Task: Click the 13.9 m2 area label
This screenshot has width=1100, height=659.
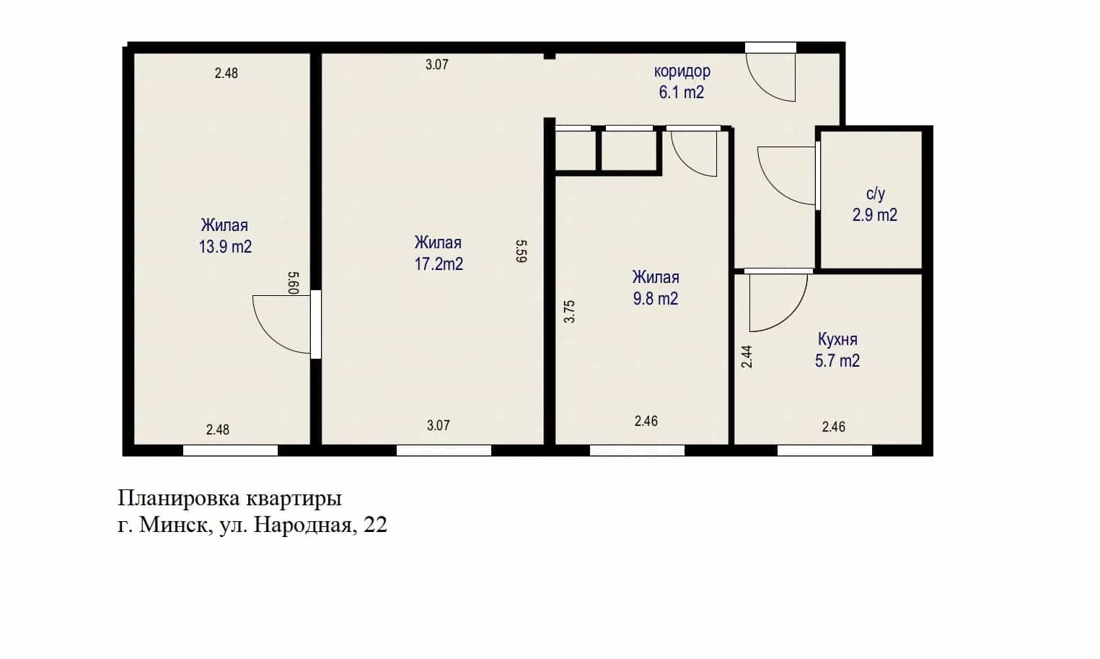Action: pyautogui.click(x=225, y=247)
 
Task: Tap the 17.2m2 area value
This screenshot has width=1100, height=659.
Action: pyautogui.click(x=439, y=264)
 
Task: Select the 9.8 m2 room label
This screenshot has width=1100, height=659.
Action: pyautogui.click(x=656, y=299)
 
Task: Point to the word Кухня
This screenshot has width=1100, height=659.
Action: pyautogui.click(x=837, y=339)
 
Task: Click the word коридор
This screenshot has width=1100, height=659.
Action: pyautogui.click(x=682, y=71)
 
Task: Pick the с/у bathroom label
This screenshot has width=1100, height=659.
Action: pyautogui.click(x=875, y=193)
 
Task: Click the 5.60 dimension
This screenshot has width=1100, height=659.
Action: pyautogui.click(x=293, y=283)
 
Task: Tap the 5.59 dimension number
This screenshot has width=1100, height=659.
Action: pyautogui.click(x=522, y=251)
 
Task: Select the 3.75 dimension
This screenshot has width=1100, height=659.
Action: pyautogui.click(x=569, y=312)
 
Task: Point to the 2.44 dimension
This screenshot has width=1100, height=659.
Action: pyautogui.click(x=747, y=357)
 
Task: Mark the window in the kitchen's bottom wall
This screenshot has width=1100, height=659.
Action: pyautogui.click(x=824, y=450)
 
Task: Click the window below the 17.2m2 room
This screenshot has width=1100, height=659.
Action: pyautogui.click(x=444, y=450)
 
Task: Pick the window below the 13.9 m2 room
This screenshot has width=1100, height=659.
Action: pyautogui.click(x=230, y=450)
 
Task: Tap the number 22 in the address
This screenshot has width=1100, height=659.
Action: pyautogui.click(x=375, y=525)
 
